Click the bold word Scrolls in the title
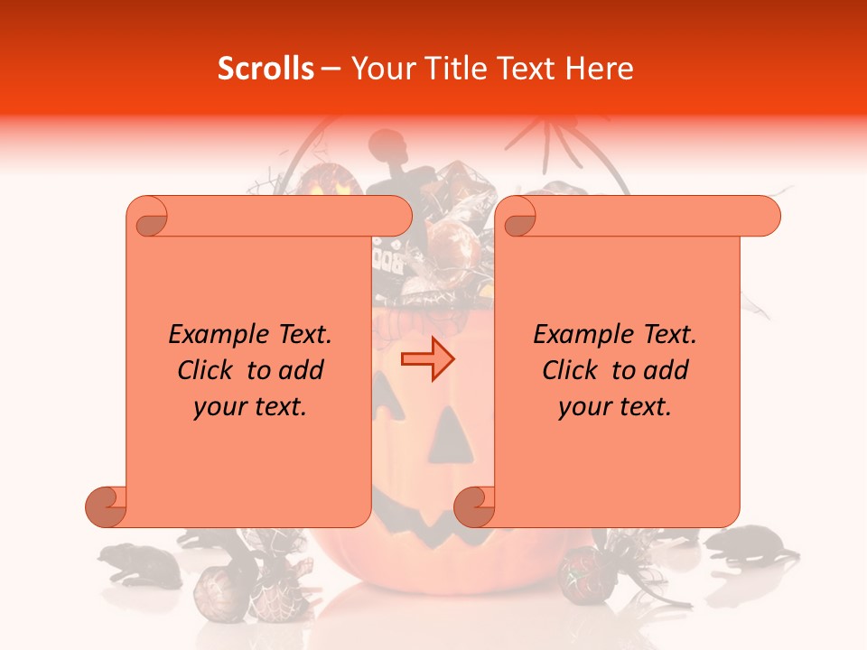266,69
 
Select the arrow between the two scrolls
427,359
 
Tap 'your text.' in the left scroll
250,406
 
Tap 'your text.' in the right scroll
615,406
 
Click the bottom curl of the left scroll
106,506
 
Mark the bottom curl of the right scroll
474,506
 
